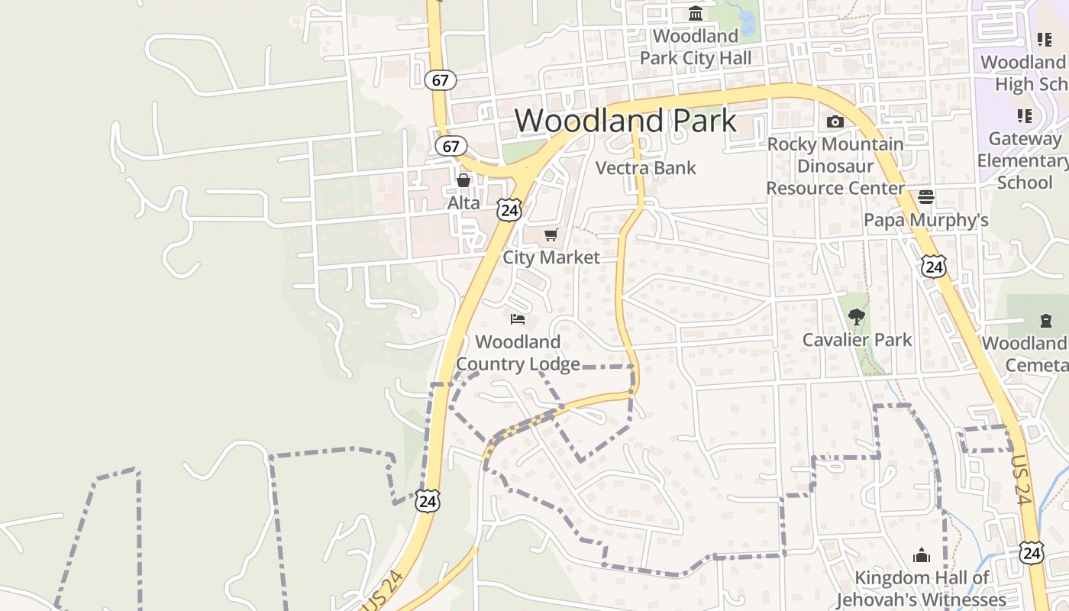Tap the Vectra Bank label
coord(645,168)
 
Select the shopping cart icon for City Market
coord(551,234)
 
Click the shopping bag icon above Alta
coord(463,180)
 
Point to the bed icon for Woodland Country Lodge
coord(518,318)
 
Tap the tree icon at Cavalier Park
coord(856,316)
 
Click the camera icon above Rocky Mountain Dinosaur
coord(835,121)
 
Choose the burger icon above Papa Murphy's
coord(926,197)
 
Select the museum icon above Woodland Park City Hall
coord(696,14)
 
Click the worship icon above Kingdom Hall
coord(922,554)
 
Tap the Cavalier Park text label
coord(857,339)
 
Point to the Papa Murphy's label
coord(925,221)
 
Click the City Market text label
coord(551,257)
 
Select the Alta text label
coord(463,203)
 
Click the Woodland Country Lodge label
coord(518,353)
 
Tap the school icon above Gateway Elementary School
coord(1024,116)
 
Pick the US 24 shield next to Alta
coord(509,209)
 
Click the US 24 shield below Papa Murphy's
coord(933,266)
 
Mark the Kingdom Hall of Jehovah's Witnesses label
coord(922,589)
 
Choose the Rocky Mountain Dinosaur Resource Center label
coord(835,166)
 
